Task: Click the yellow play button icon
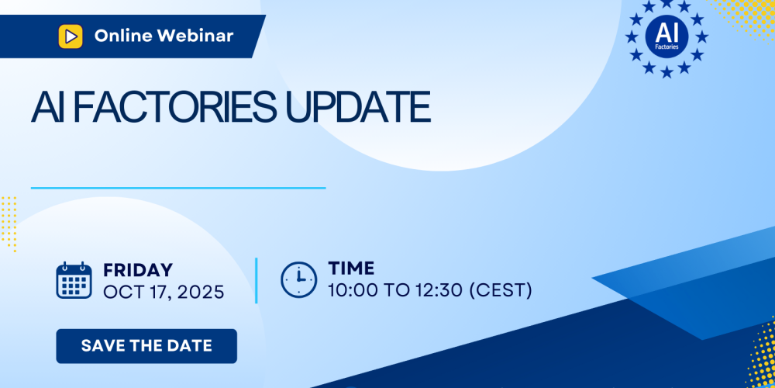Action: [71, 36]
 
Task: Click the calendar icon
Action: [74, 280]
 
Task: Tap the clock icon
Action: [298, 279]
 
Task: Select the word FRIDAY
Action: [138, 270]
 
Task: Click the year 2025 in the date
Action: [201, 292]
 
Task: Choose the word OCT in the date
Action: [122, 292]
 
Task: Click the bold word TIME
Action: [351, 268]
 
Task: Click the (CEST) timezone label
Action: [500, 290]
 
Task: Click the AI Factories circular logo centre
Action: [666, 36]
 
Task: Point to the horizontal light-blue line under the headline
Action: [178, 188]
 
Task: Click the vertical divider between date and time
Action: [256, 280]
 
